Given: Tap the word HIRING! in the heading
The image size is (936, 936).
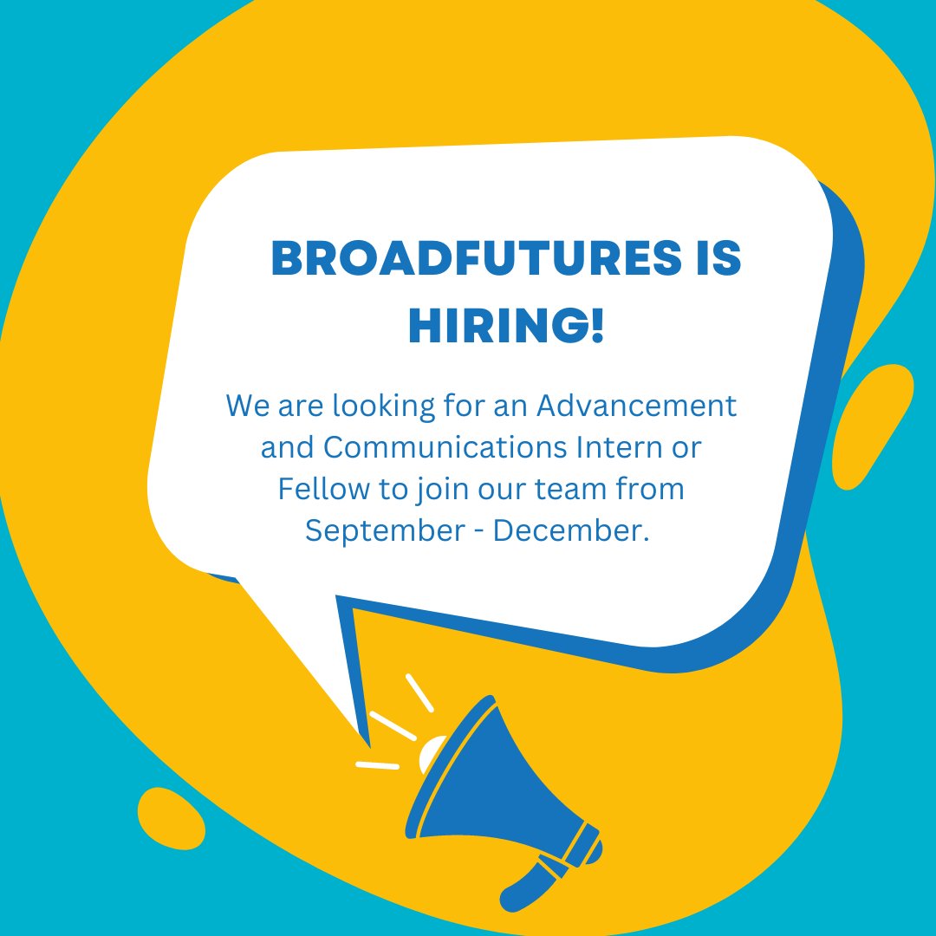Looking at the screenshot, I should [506, 327].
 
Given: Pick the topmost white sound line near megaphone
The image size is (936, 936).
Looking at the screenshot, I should [419, 692].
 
